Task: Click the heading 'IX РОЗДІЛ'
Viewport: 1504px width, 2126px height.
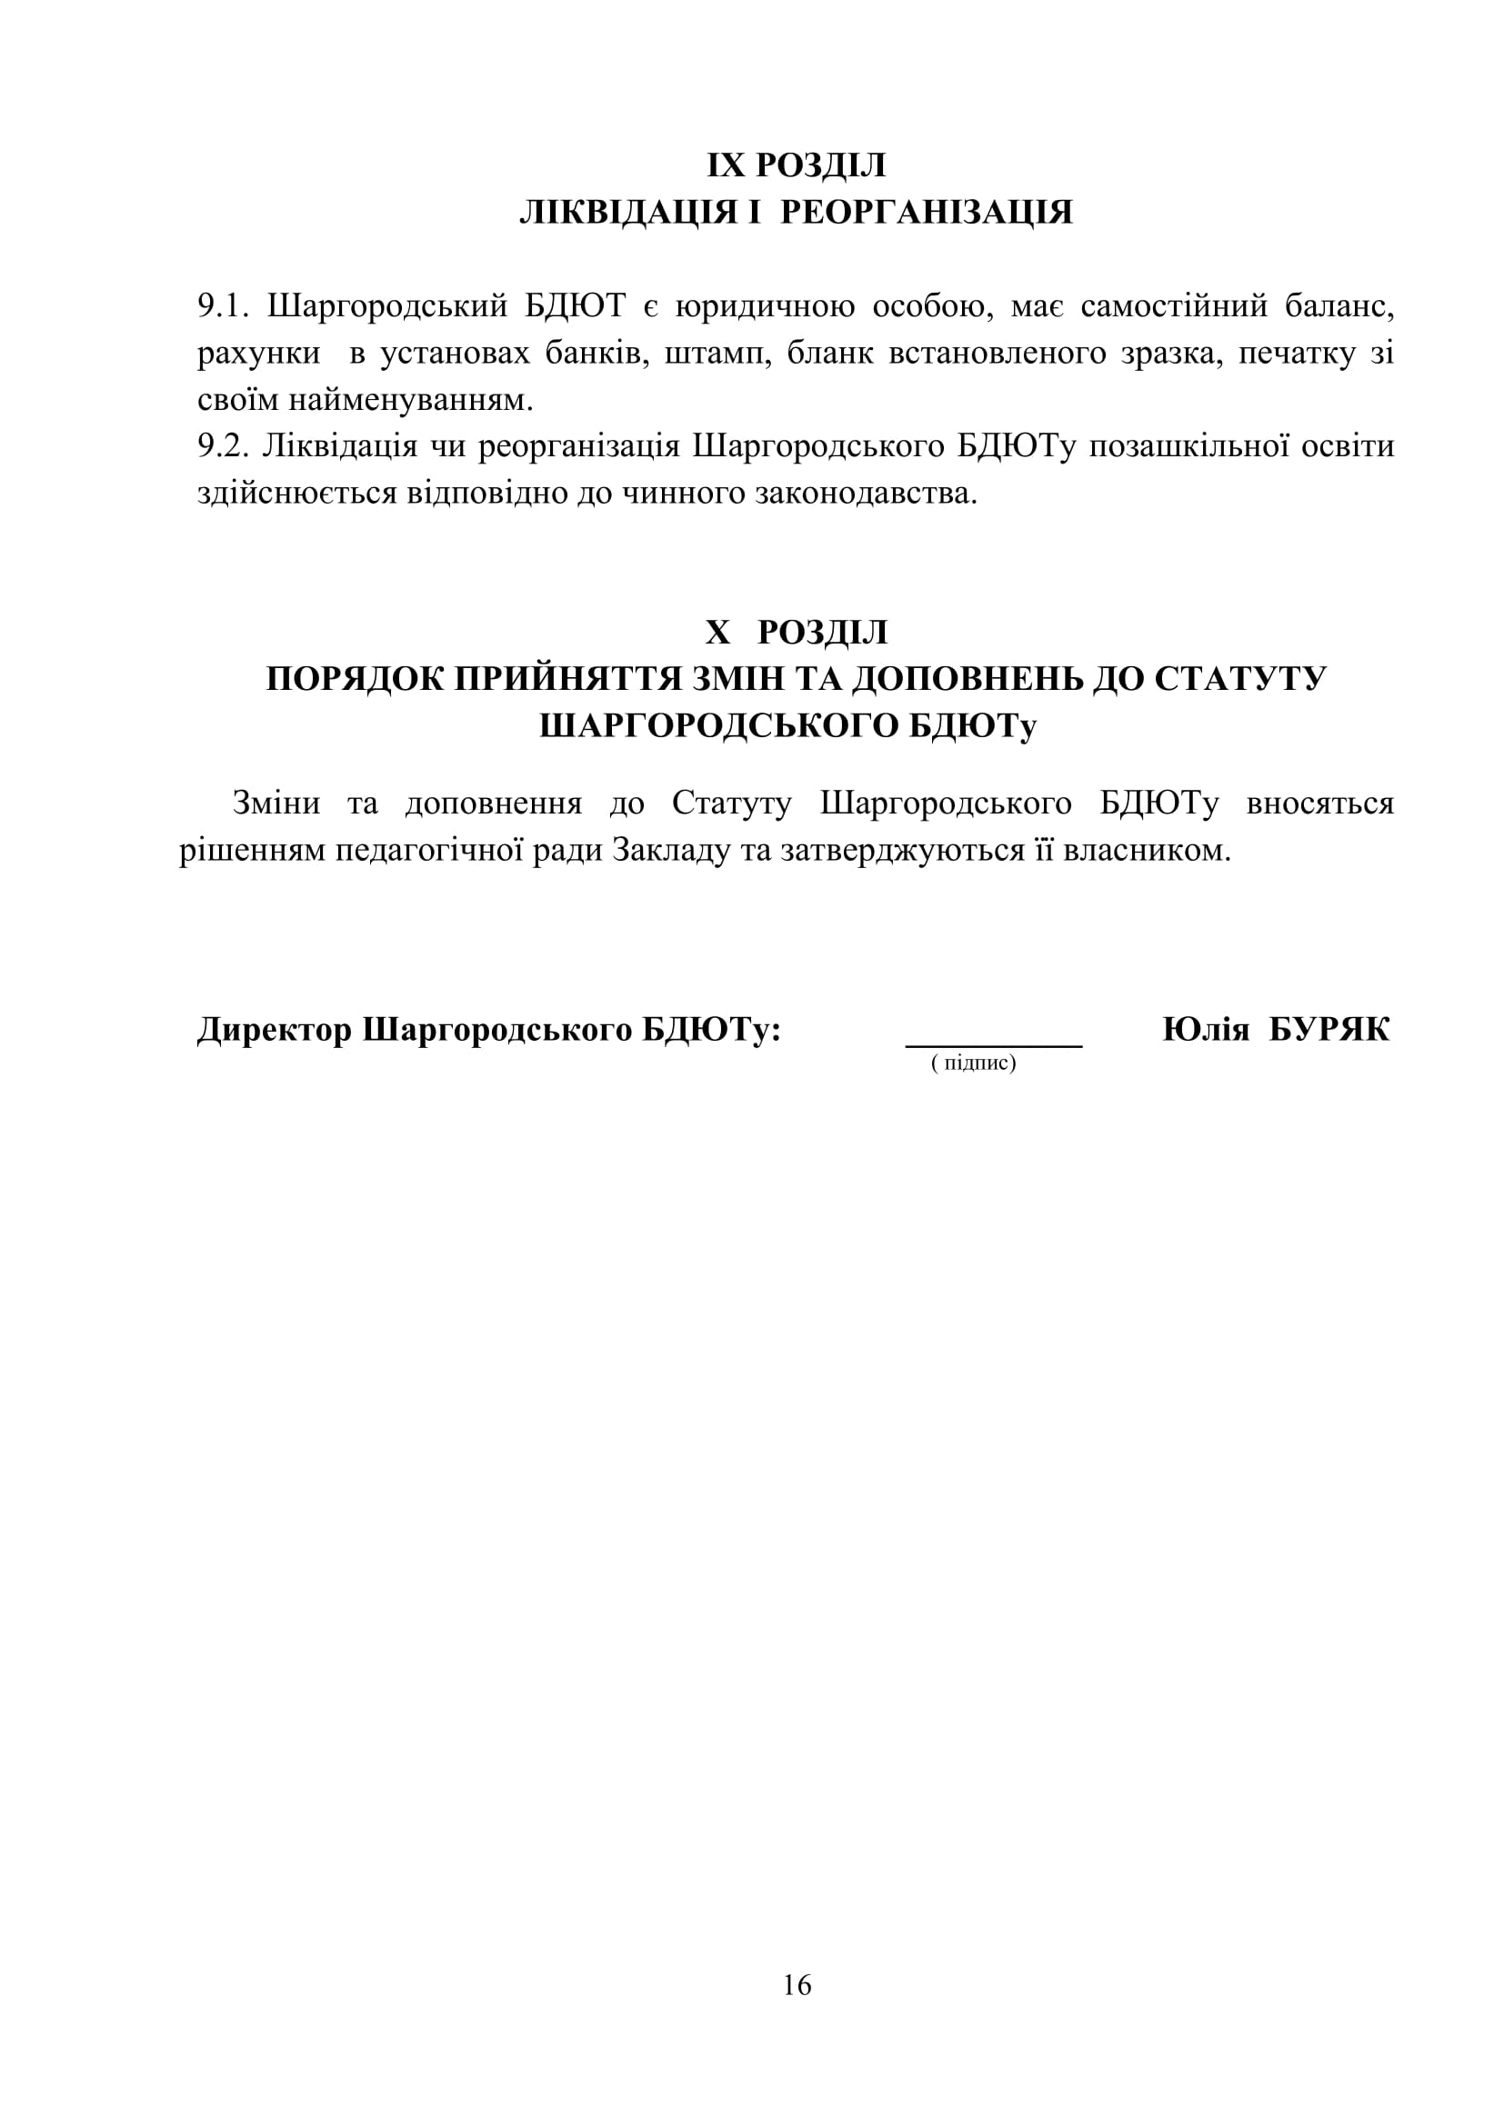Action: click(797, 165)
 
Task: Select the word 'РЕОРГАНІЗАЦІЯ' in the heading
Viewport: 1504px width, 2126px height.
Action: click(926, 212)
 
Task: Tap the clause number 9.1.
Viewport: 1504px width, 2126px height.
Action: click(223, 306)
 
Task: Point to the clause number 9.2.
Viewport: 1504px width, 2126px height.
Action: click(223, 446)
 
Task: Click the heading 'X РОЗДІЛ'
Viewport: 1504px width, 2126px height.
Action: click(797, 633)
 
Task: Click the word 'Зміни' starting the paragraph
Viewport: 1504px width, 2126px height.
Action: click(276, 803)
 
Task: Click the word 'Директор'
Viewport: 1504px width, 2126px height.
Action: click(274, 1030)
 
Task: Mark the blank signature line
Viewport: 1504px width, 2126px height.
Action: click(994, 1044)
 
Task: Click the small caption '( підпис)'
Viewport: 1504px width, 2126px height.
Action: click(973, 1063)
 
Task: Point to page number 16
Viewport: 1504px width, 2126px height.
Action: click(797, 1984)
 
